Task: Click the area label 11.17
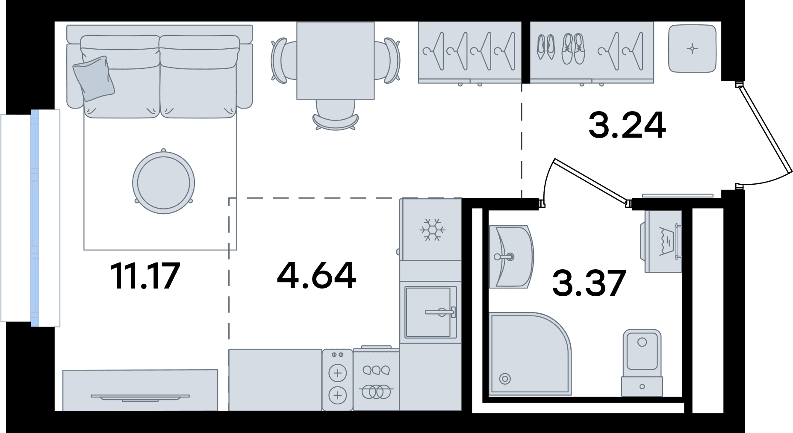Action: pos(145,276)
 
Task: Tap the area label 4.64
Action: pos(316,276)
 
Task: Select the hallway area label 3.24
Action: pos(627,125)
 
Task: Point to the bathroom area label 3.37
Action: pos(589,283)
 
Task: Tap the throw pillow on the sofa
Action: pos(94,78)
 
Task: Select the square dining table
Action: pos(336,61)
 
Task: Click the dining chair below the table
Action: pos(336,115)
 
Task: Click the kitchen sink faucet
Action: pos(440,312)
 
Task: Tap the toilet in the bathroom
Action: pos(642,362)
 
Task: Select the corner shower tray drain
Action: pos(505,378)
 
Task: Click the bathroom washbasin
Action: pos(511,256)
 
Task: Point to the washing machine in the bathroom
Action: pos(661,242)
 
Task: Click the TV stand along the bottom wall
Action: pos(140,390)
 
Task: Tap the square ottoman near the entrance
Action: pos(692,49)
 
